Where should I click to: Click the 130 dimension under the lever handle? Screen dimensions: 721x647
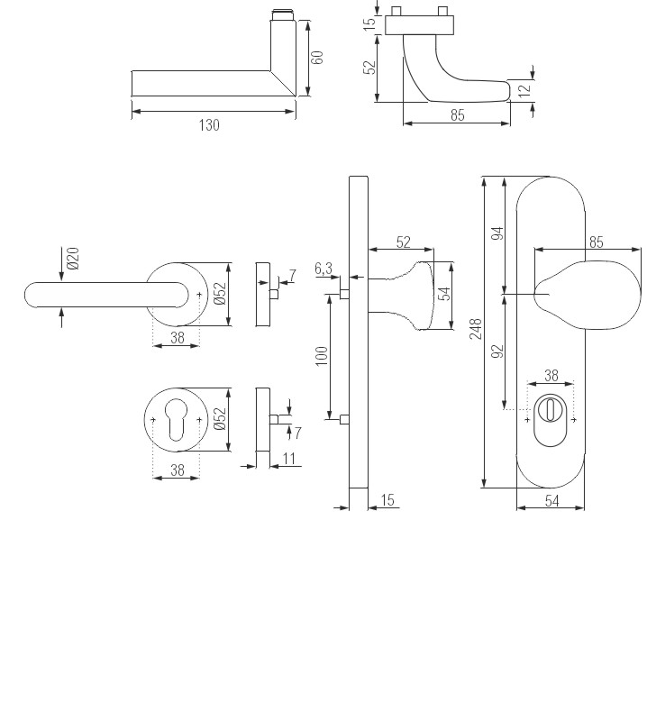[209, 125]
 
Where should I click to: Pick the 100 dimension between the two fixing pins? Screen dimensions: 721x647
[322, 356]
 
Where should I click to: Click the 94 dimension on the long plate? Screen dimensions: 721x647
[497, 234]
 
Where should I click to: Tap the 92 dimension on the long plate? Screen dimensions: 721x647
[497, 351]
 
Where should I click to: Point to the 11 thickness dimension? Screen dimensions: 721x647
[288, 459]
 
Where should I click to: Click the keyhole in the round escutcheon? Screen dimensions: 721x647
[177, 421]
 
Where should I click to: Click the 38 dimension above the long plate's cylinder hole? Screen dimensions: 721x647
[551, 375]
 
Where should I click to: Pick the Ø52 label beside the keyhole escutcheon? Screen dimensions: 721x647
[221, 419]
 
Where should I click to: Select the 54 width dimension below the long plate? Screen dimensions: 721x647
[551, 501]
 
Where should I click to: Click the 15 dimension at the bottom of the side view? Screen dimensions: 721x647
[388, 500]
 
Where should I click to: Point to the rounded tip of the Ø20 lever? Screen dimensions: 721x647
[32, 295]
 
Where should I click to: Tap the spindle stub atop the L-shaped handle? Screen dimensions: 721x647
[282, 17]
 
